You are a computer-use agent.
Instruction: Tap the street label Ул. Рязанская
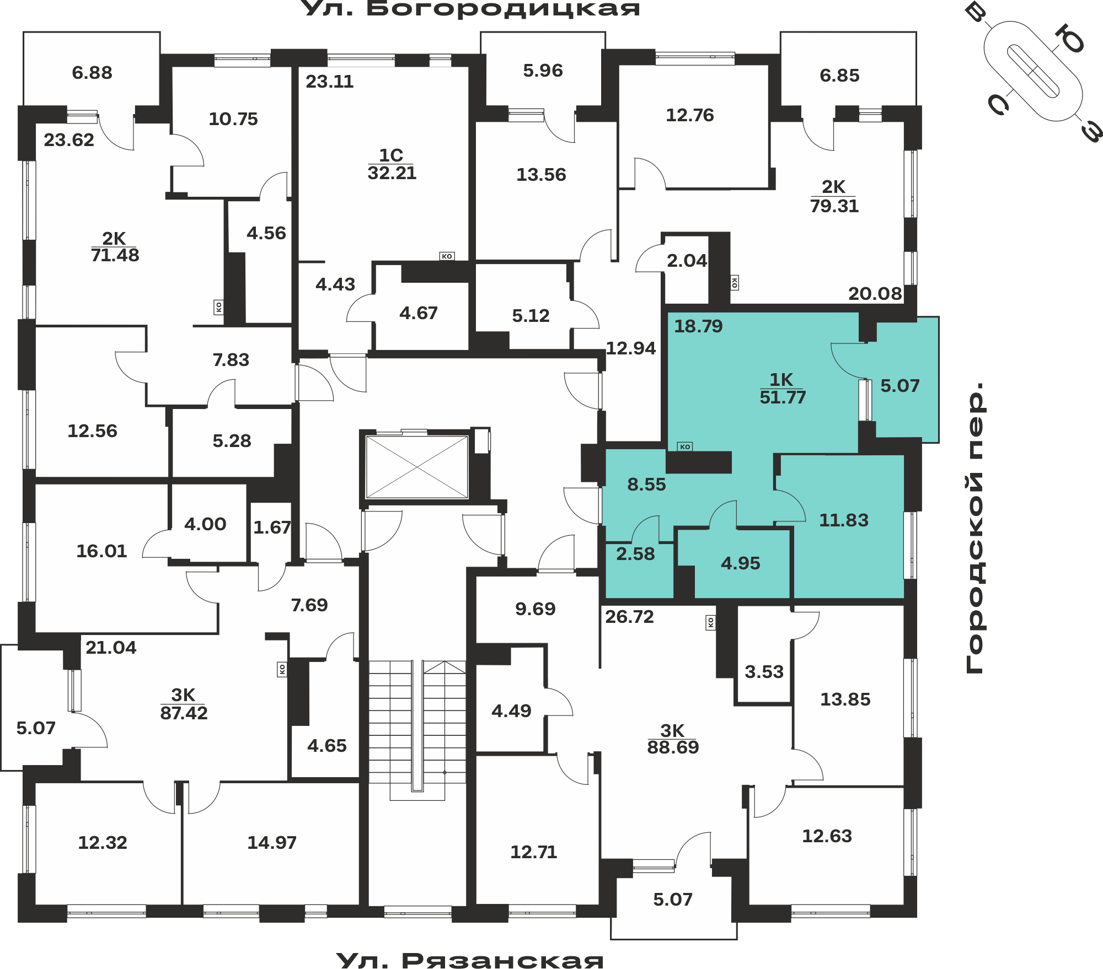point(470,960)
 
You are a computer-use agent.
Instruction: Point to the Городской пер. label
point(975,527)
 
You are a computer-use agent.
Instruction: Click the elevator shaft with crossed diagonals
point(417,467)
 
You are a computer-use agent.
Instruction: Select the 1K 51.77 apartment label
point(783,389)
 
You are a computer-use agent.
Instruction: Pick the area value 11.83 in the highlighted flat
point(844,520)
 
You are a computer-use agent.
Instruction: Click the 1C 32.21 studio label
point(392,164)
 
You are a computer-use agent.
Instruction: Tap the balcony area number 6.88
point(92,73)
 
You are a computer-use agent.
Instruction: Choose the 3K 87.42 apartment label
point(184,704)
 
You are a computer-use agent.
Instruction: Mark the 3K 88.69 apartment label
point(673,739)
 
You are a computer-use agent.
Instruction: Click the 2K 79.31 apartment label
point(834,196)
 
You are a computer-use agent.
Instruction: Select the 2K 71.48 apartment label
point(115,246)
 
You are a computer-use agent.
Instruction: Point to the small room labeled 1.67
point(272,527)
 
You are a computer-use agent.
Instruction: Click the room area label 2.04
point(687,260)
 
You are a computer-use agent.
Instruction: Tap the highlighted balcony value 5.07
point(900,386)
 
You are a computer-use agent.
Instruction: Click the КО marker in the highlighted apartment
point(685,446)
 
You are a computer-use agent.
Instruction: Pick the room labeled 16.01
point(101,551)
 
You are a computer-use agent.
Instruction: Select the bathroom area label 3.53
point(764,671)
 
